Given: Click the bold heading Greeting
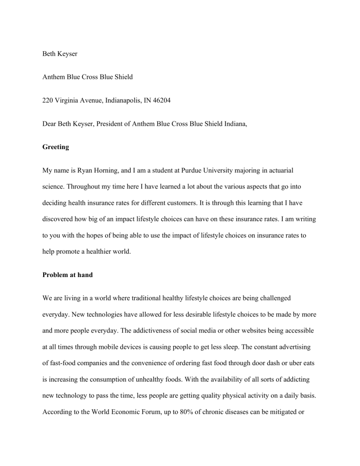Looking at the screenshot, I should tap(55, 147).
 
